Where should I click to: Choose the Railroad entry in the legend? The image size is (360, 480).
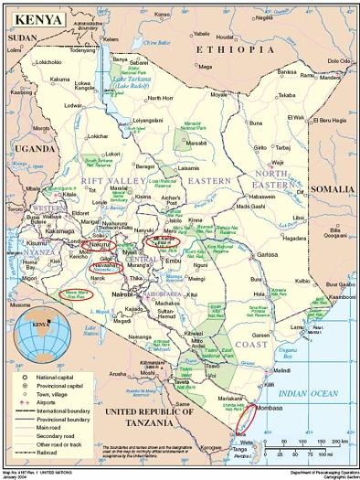69,464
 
